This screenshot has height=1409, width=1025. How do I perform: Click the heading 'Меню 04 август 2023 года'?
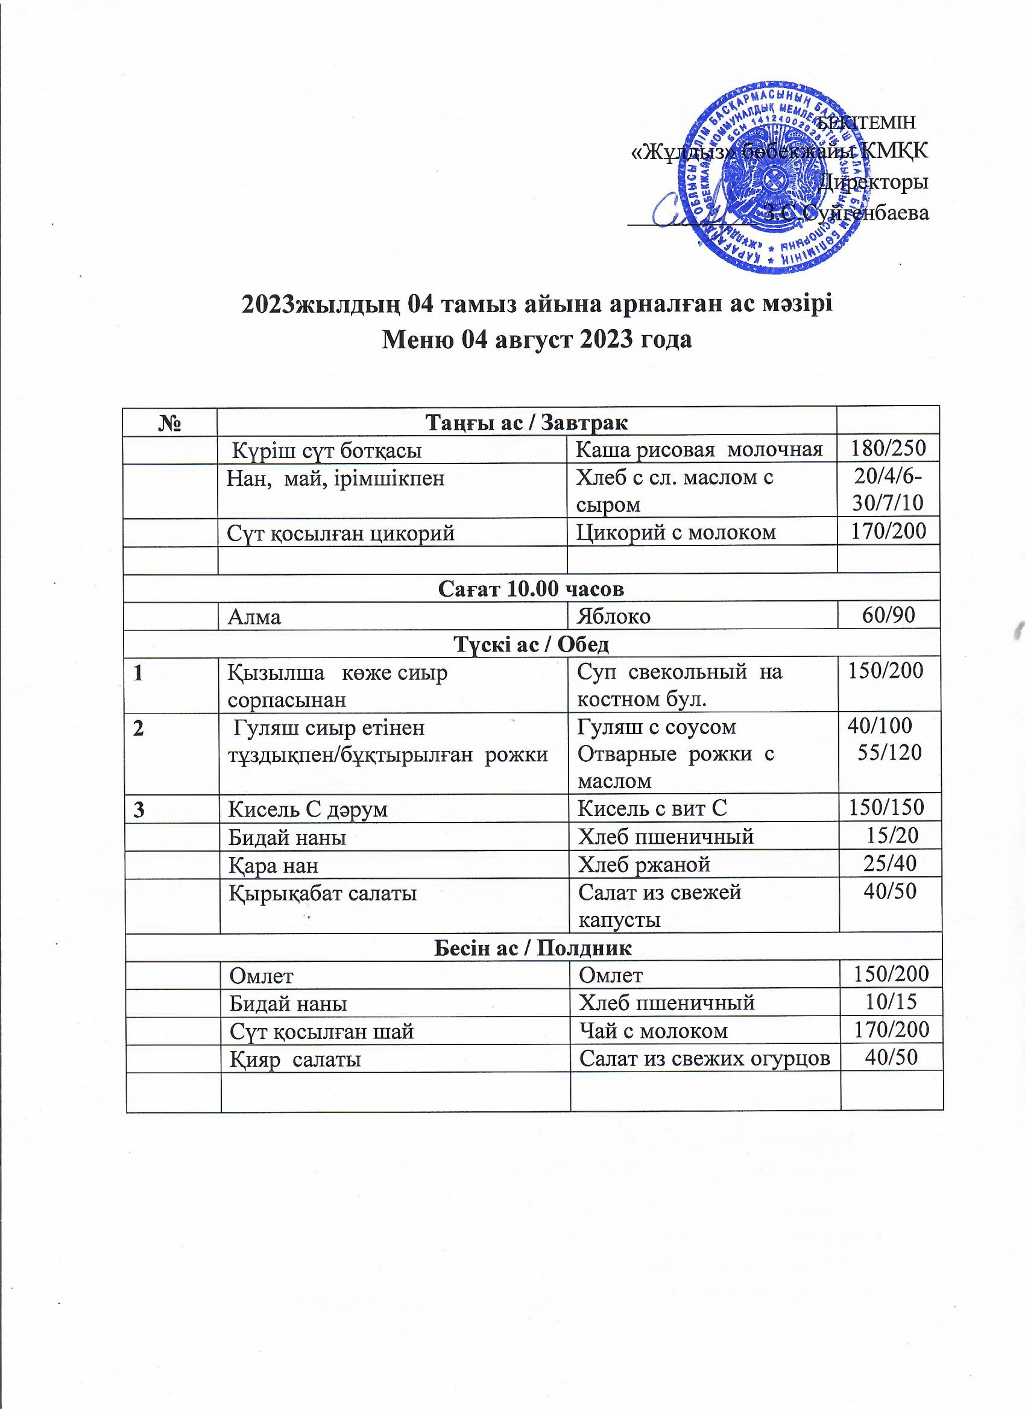536,340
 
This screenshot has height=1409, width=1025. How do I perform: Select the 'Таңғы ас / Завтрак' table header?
526,422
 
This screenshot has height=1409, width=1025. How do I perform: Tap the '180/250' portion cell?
888,448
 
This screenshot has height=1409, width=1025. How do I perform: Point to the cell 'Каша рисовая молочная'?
699,448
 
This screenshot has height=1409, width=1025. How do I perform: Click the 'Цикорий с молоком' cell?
676,532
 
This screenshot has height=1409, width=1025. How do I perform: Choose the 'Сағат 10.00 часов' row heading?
531,588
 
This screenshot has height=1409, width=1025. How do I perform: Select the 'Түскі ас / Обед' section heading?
531,644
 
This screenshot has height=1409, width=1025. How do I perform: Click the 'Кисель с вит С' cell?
651,808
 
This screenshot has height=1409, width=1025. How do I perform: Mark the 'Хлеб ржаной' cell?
644,864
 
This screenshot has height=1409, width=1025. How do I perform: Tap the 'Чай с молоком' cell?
652,1031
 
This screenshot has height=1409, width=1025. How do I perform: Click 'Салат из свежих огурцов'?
704,1059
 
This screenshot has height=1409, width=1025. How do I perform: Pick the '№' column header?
169,423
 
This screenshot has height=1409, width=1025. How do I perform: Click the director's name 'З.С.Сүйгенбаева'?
846,213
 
